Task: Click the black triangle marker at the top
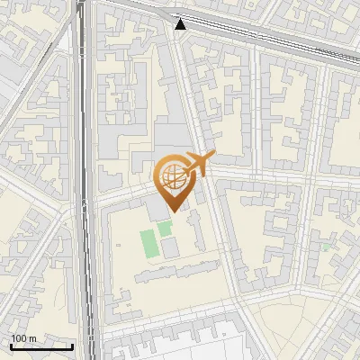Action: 182,24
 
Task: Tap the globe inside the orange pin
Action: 173,175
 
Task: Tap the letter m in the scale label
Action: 33,338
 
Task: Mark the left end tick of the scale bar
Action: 11,346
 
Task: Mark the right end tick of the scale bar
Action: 73,346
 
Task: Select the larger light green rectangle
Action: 148,243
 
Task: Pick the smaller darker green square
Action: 165,229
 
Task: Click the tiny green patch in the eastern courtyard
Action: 325,247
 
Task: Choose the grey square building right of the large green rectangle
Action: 169,247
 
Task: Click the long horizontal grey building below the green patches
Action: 175,272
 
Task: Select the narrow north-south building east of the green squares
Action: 194,231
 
